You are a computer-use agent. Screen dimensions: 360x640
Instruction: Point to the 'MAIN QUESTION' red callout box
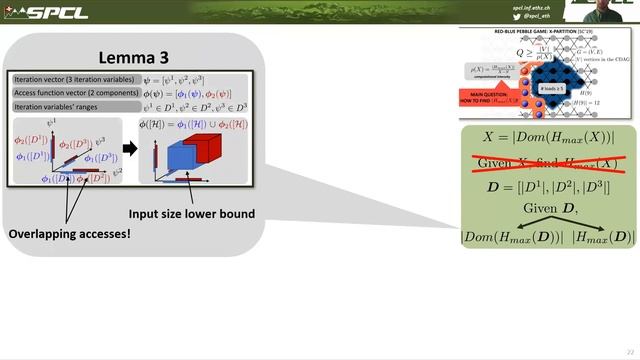pos(483,98)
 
